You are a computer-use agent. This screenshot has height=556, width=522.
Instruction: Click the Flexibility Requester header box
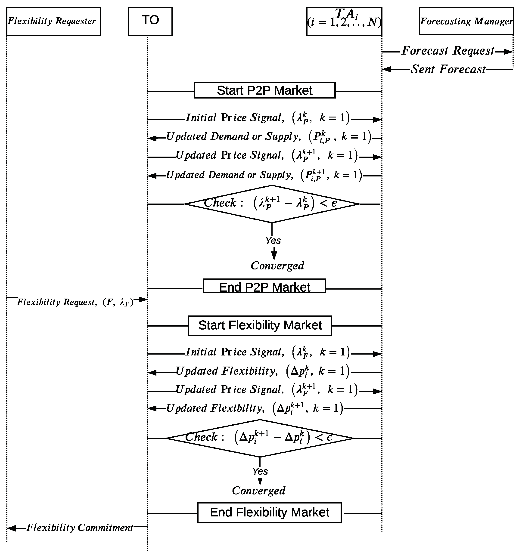pos(53,21)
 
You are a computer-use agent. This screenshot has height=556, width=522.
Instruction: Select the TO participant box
pos(150,21)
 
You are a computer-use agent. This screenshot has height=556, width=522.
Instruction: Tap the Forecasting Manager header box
pos(466,21)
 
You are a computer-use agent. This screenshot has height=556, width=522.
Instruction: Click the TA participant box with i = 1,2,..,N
pos(344,21)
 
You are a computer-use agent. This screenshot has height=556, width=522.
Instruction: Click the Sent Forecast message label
pos(448,69)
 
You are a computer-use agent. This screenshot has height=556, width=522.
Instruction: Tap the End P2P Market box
pos(265,286)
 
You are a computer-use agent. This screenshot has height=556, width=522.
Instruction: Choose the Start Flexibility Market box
pos(260,326)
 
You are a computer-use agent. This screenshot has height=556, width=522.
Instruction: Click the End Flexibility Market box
pos(269,513)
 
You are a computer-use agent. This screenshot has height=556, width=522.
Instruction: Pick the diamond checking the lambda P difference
pos(272,204)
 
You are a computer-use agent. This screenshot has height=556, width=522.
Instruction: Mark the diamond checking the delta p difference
pos(260,438)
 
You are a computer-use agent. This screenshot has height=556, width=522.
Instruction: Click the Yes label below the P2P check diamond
pos(273,241)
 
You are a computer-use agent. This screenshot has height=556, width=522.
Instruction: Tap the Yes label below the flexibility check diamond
pos(260,472)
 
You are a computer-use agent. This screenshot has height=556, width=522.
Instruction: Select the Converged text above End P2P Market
pos(277,266)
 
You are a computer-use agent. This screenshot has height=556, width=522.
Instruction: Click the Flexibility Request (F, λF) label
pos(75,302)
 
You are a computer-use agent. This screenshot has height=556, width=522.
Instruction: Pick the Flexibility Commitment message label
pos(80,528)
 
